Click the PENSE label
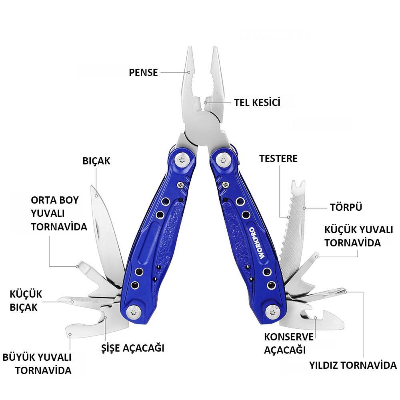(143, 73)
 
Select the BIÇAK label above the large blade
(96, 161)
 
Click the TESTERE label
(278, 158)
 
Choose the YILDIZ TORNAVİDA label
(352, 365)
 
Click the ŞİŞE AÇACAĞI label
(132, 348)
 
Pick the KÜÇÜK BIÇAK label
(26, 300)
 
